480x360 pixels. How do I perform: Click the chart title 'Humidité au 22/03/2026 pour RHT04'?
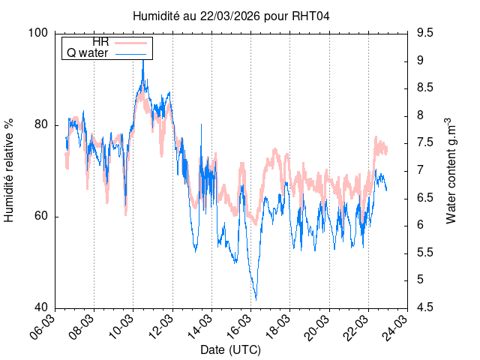coord(231,15)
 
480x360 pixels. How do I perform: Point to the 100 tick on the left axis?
coord(40,33)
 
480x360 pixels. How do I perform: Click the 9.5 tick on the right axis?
coord(425,33)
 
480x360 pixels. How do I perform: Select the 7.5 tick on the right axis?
coord(425,142)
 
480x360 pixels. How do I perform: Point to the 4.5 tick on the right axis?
coord(425,308)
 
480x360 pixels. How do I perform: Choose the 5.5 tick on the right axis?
coord(425,253)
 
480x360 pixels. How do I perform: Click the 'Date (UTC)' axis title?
coord(231,350)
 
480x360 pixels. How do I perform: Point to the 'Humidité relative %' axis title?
coord(10,170)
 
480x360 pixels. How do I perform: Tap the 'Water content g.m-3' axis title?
coord(451,170)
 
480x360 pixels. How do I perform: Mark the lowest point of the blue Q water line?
coord(256,299)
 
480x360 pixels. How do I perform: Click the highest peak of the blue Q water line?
coord(143,61)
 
